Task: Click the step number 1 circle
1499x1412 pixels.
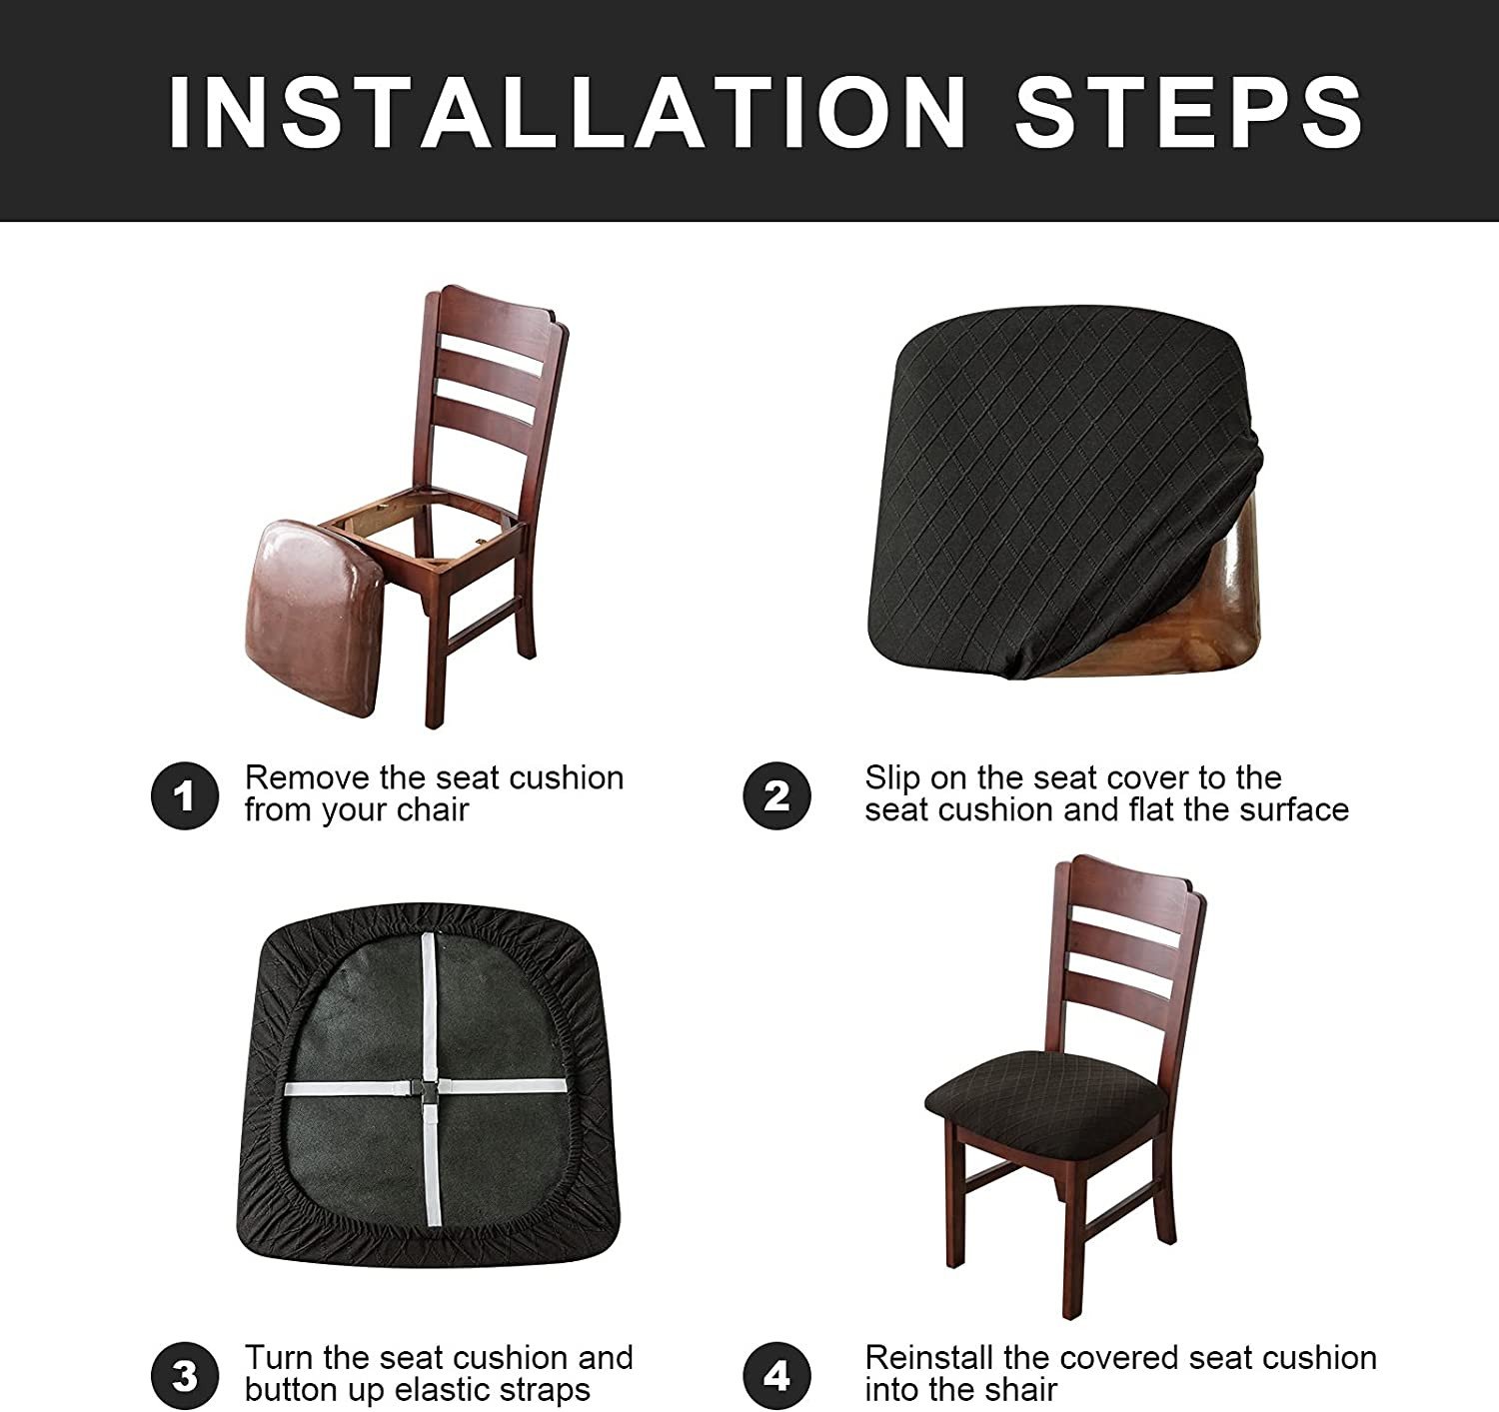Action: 184,796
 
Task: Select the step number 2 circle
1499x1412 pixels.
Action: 776,796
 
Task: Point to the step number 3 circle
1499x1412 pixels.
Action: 184,1376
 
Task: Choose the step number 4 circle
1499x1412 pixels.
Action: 776,1376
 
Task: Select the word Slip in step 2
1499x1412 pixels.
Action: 891,777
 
